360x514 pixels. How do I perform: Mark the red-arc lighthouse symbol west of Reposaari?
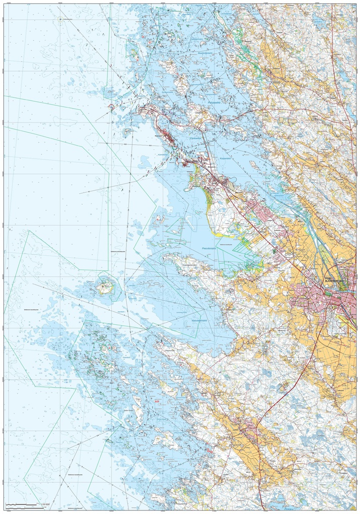111,106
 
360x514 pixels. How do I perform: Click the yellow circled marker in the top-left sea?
60,19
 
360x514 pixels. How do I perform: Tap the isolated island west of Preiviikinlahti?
105,288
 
